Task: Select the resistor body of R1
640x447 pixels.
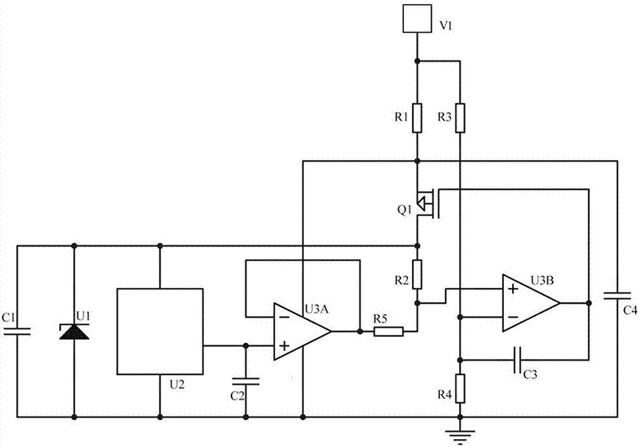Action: pos(417,117)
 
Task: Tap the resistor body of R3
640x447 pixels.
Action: pos(459,117)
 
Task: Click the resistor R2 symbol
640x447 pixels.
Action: pos(417,273)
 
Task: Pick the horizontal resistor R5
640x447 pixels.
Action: pos(388,330)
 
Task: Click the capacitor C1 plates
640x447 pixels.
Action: pos(18,329)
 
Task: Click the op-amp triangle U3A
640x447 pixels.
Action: pos(301,330)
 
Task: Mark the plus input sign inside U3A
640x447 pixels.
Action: pos(284,345)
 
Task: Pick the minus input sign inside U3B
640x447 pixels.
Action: pos(512,318)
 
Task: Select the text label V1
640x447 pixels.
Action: pos(447,26)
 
